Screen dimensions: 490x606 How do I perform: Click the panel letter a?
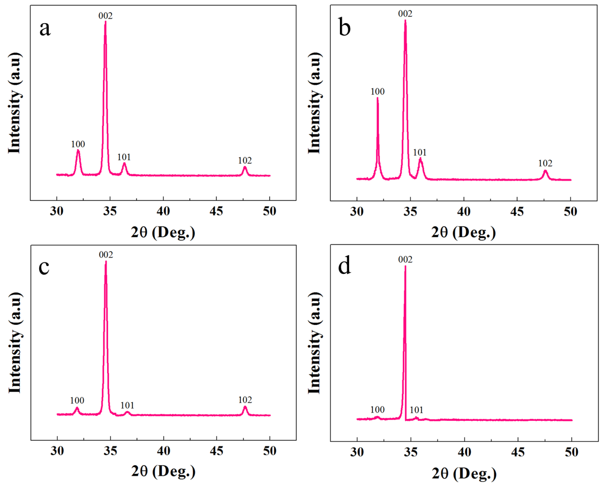coord(45,29)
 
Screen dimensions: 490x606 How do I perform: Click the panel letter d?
coord(344,266)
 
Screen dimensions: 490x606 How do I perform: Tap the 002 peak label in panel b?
coord(405,14)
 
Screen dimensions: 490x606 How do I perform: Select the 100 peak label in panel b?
coord(378,91)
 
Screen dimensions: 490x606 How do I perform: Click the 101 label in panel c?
coord(127,405)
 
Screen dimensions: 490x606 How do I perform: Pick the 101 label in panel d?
coord(416,410)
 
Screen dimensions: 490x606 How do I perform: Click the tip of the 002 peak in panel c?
coord(106,261)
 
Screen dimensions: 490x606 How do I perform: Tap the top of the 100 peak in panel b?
coord(378,98)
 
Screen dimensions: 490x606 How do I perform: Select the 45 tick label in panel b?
coord(517,212)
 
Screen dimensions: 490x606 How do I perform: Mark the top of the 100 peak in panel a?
coord(78,151)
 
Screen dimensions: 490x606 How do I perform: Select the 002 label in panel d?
coord(405,259)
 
